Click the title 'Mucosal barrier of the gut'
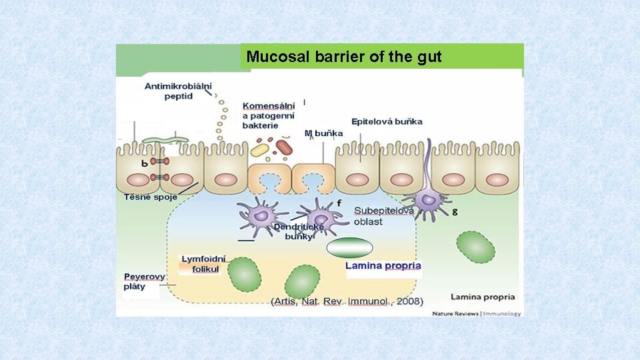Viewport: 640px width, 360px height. tap(344, 57)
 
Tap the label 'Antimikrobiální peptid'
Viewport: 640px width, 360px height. tap(178, 91)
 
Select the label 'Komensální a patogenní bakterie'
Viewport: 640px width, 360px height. tap(269, 115)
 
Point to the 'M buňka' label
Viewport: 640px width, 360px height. tap(324, 133)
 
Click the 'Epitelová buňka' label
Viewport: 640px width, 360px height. tap(387, 122)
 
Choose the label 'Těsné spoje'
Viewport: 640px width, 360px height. tap(151, 197)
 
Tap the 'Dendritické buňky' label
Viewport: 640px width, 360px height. tap(299, 231)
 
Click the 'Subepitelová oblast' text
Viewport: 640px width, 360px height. tap(383, 216)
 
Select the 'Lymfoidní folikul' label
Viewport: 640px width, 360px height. tap(203, 263)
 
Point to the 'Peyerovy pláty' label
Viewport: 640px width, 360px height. tap(145, 281)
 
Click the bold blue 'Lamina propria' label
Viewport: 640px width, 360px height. tap(383, 265)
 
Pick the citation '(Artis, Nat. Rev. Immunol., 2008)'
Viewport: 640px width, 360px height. tap(347, 301)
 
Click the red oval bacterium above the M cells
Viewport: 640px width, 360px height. tap(285, 147)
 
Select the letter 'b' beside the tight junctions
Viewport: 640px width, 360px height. tap(145, 163)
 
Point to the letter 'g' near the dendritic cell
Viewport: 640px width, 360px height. tap(455, 211)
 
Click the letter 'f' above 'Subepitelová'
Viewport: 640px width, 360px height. tap(339, 203)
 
